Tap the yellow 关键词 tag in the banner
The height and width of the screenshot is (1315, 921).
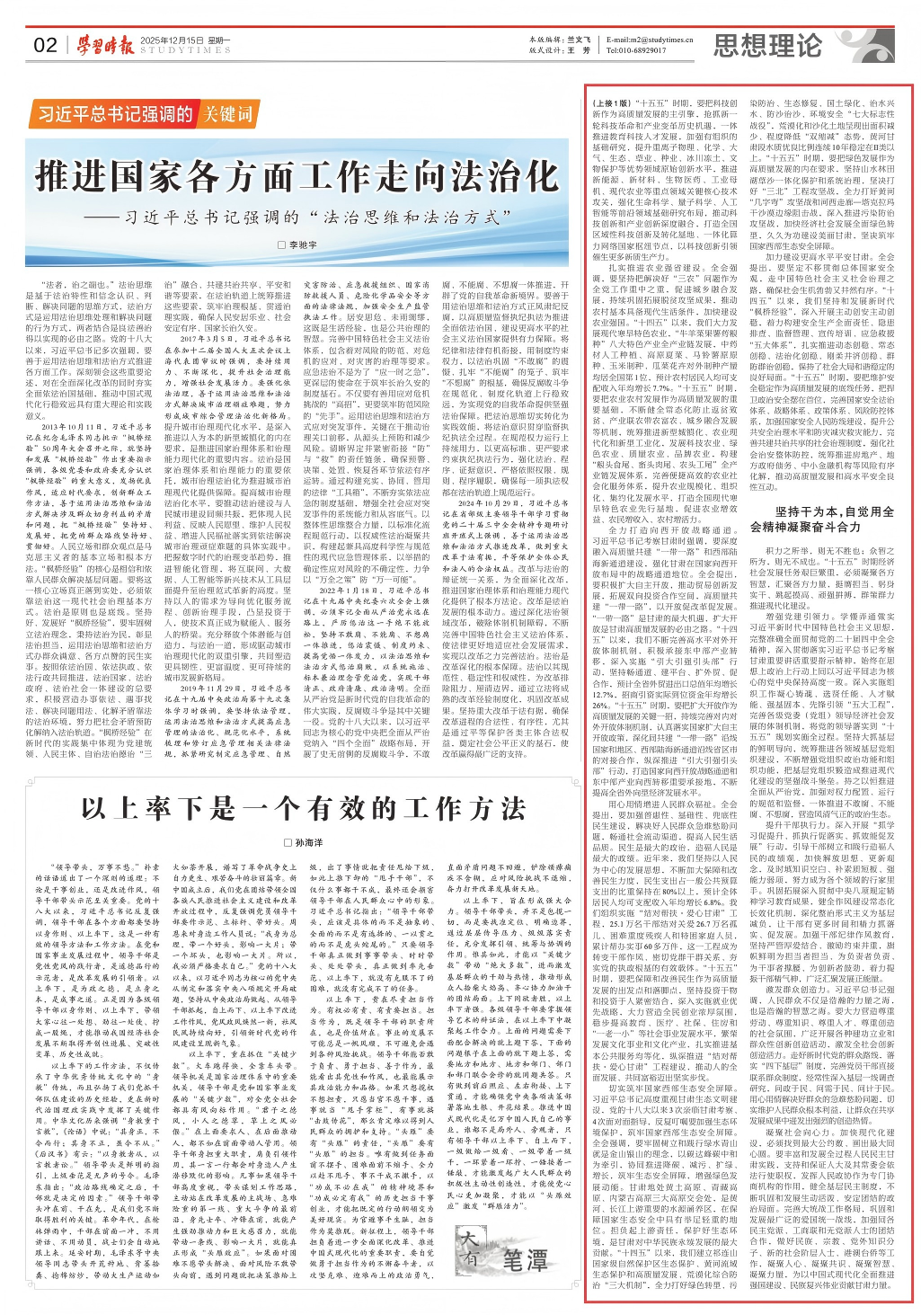(x=228, y=114)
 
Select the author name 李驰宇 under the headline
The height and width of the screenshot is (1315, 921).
(x=302, y=244)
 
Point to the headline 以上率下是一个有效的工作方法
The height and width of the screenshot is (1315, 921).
(x=304, y=808)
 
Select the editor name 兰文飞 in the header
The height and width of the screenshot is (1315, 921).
(x=580, y=40)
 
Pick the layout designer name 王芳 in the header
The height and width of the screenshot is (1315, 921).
(x=580, y=51)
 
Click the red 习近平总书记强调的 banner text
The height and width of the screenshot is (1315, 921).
(x=116, y=114)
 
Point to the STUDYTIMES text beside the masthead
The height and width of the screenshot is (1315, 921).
(x=185, y=51)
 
